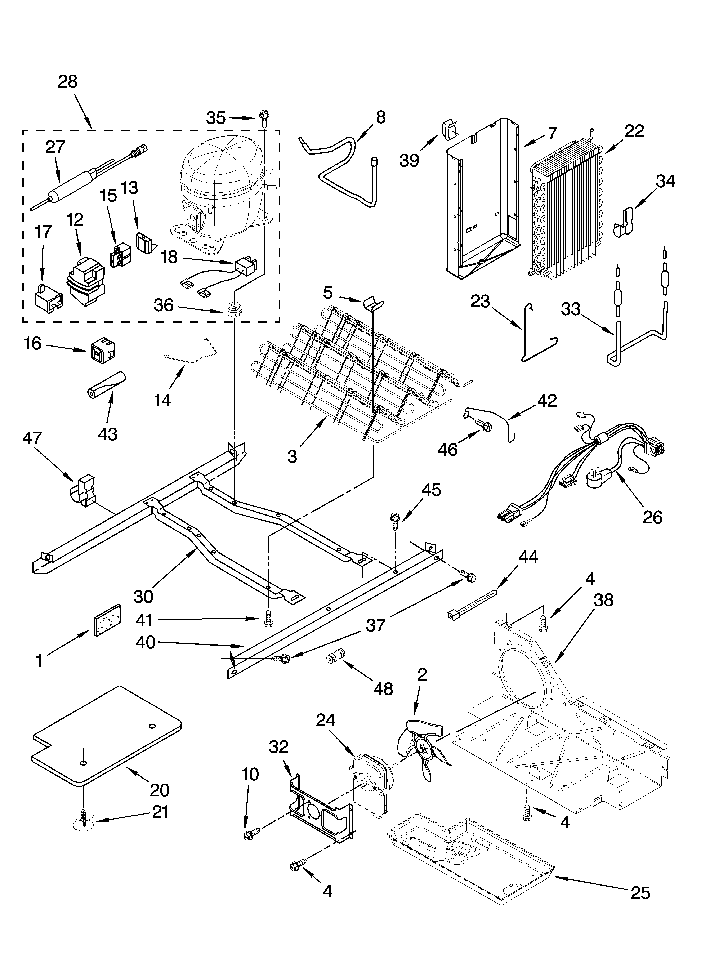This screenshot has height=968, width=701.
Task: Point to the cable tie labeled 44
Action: coord(472,604)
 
